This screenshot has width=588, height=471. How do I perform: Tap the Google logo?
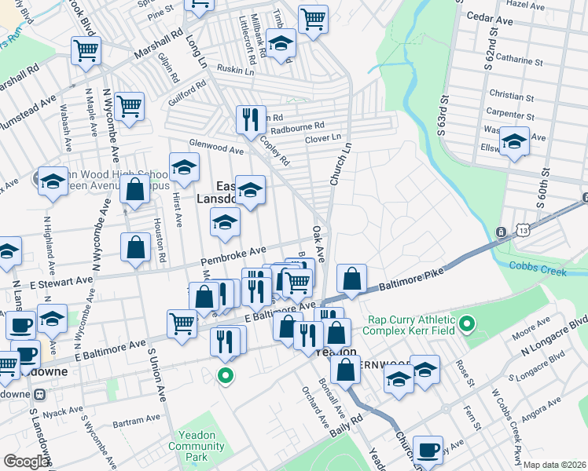(x=26, y=462)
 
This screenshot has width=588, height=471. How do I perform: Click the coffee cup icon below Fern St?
(x=428, y=450)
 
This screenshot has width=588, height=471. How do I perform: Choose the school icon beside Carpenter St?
(x=514, y=142)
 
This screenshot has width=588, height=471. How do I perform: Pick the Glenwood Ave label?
(x=216, y=147)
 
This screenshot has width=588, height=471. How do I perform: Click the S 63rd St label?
(x=443, y=115)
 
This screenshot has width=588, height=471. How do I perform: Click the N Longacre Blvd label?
(x=555, y=335)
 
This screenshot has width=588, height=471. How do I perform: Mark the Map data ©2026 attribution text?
(x=555, y=465)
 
